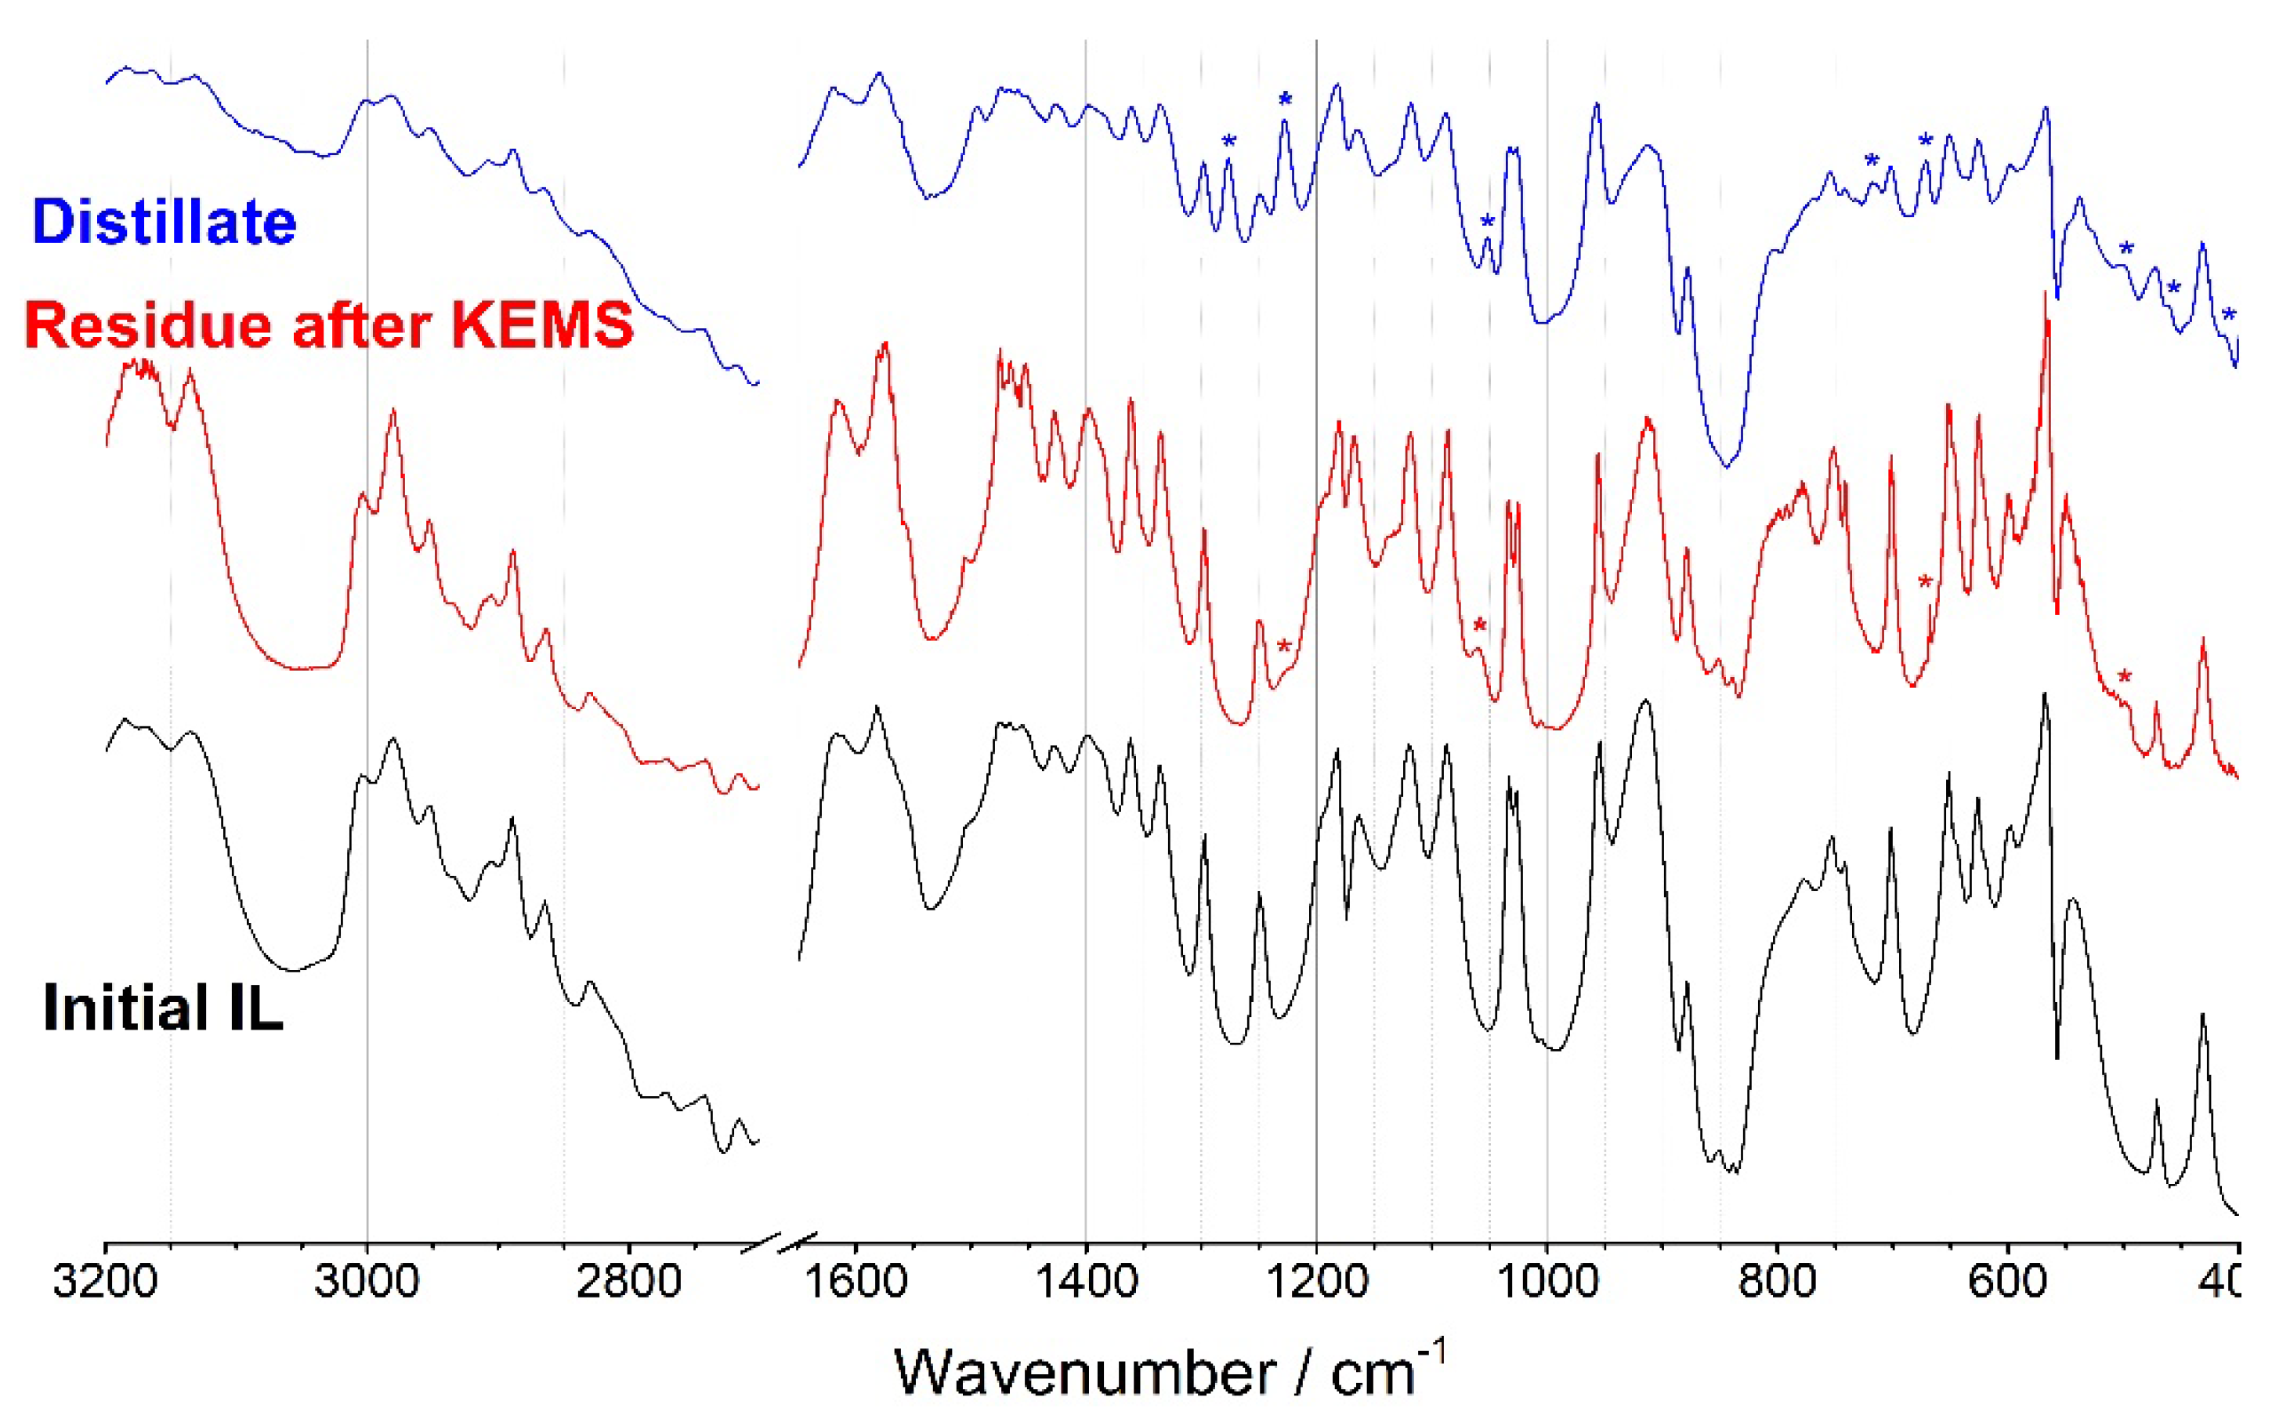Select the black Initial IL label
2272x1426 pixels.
pos(162,1008)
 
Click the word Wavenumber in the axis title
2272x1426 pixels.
pos(1084,1372)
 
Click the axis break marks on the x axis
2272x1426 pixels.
pos(778,1243)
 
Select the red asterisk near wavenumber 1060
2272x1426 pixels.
pos(1479,625)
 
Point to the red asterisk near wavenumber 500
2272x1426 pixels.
pos(2124,676)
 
